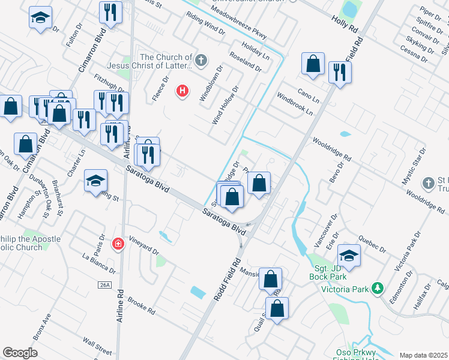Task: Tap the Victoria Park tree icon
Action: point(377,288)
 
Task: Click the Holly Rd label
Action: point(344,23)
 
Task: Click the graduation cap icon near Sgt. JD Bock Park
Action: point(349,254)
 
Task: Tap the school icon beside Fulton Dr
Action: point(40,17)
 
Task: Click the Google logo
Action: point(20,353)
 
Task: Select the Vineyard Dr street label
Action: point(143,249)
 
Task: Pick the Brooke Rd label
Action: point(142,308)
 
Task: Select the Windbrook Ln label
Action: point(295,104)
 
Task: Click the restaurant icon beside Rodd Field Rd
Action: point(340,73)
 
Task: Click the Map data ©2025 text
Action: point(423,355)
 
